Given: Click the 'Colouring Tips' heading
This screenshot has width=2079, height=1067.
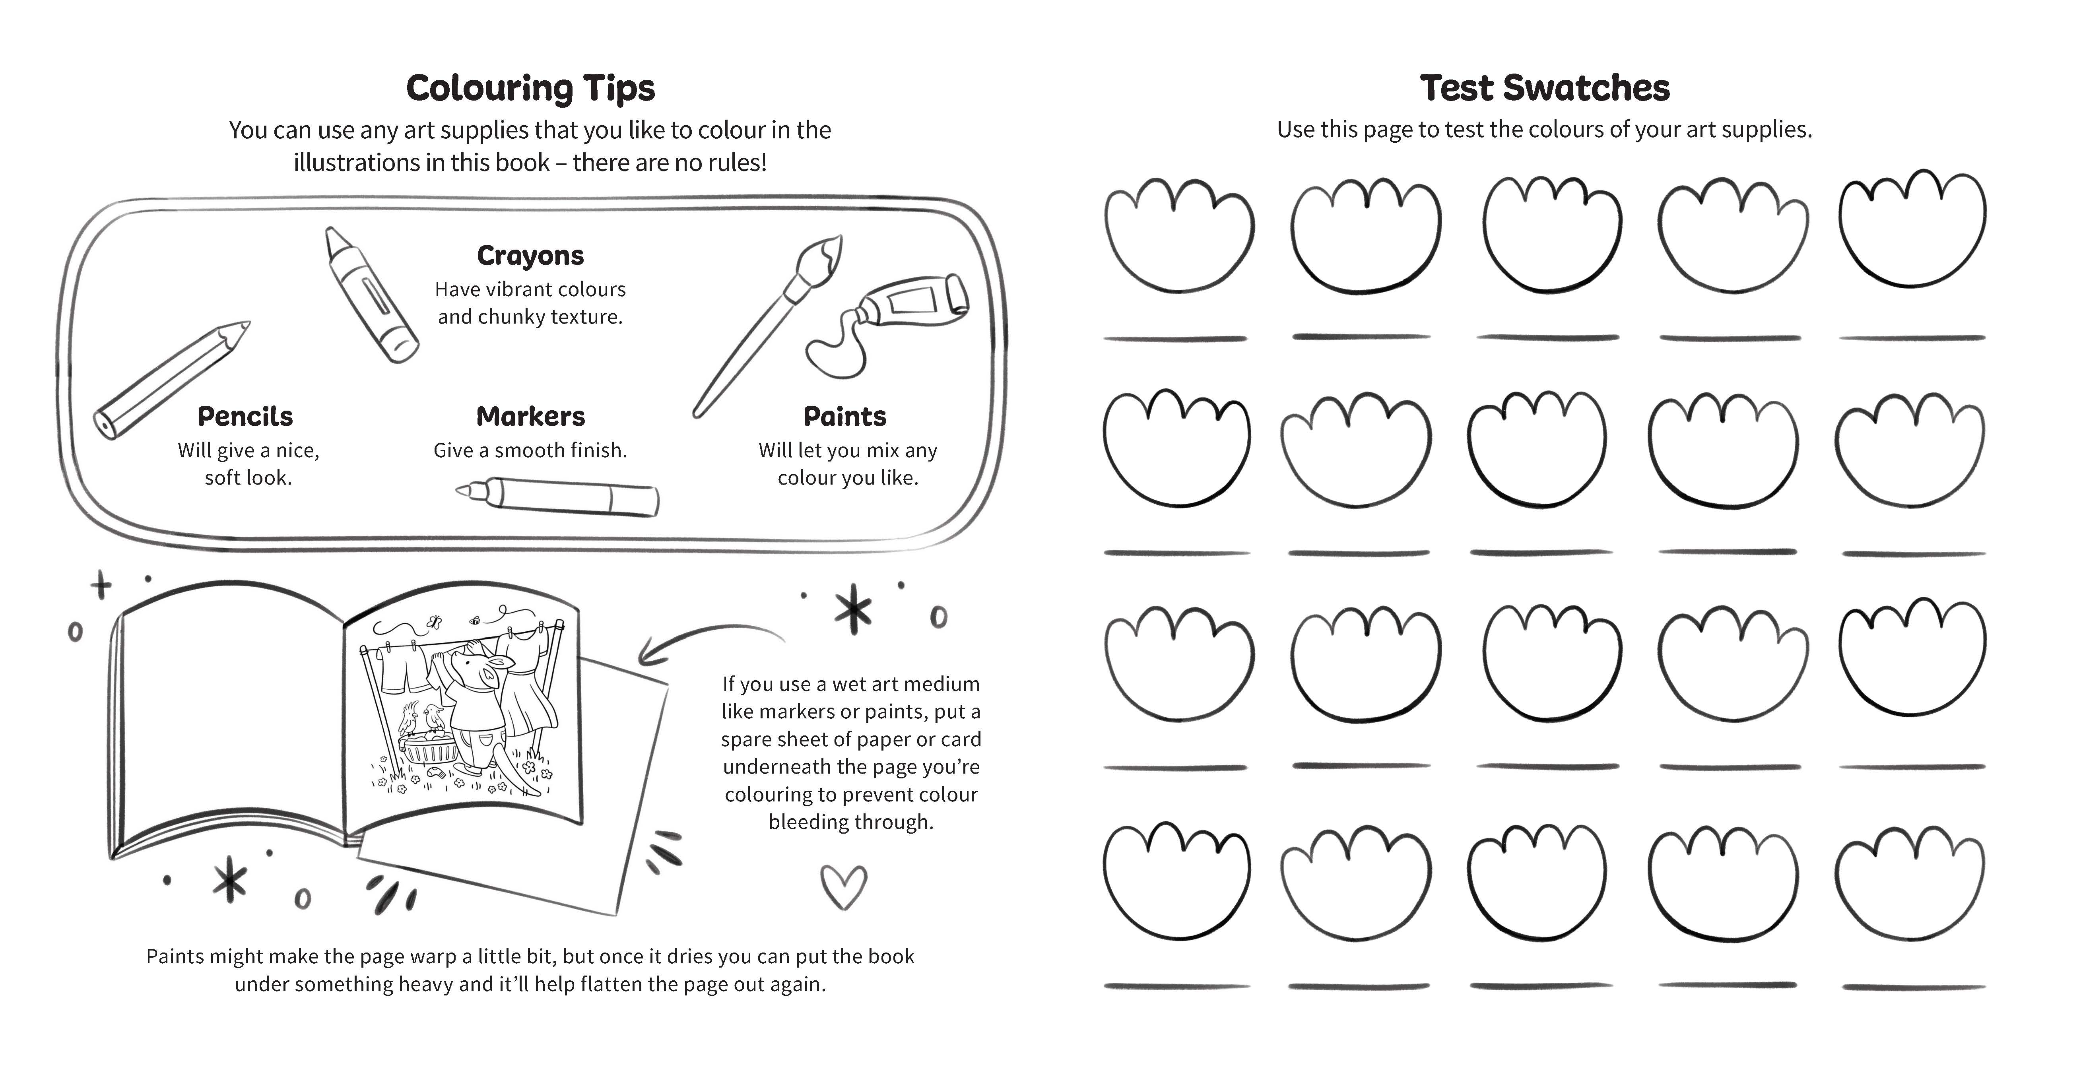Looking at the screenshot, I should tap(530, 88).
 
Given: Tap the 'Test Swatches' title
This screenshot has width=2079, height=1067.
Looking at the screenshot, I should tap(1544, 88).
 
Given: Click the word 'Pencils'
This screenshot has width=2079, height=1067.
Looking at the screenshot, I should tap(245, 417).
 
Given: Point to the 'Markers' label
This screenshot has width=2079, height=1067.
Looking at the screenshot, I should tap(530, 417).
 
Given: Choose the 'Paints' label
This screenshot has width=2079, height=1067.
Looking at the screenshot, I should tap(844, 417).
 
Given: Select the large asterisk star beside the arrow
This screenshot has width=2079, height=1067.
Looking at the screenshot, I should tap(853, 609).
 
